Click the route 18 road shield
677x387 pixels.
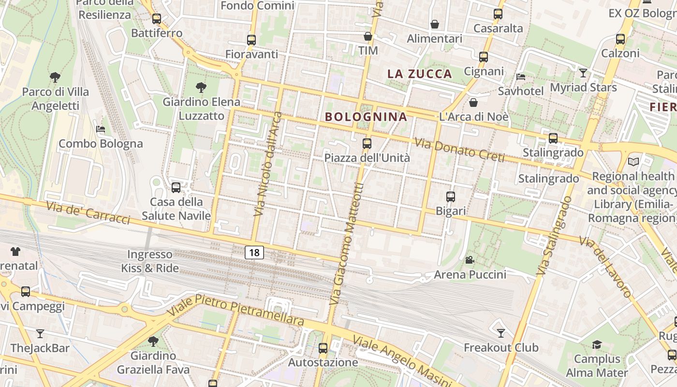[254, 252]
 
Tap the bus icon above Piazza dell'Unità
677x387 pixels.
[367, 143]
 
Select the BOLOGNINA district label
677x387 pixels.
[366, 117]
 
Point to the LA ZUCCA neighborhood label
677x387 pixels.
[420, 74]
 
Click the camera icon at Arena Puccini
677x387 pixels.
[470, 260]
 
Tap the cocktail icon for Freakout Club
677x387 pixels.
[501, 333]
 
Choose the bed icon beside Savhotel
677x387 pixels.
[521, 76]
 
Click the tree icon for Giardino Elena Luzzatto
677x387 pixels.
[201, 88]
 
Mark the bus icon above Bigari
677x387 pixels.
[451, 197]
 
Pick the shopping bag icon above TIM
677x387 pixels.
[368, 36]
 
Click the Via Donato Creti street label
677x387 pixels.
[459, 150]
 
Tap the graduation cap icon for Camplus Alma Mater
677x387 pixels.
[597, 344]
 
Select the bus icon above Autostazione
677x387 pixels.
[323, 348]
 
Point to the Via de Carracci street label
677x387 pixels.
[88, 213]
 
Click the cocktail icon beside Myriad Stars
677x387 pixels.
[583, 73]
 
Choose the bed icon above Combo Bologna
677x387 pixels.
[101, 129]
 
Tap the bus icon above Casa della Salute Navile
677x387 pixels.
[176, 188]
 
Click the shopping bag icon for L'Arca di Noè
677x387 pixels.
[473, 103]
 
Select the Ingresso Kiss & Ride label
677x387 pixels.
[150, 261]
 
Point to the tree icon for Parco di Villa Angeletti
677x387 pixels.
[55, 77]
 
